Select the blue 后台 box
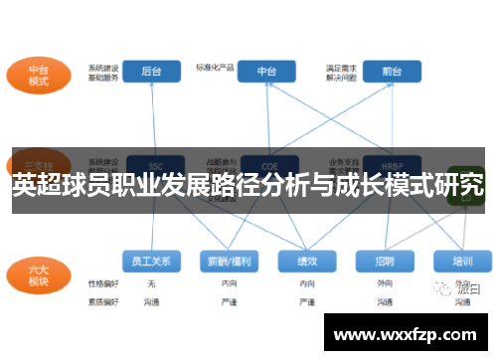152,72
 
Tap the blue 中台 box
267,72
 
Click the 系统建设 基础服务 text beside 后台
103,73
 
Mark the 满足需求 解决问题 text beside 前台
341,72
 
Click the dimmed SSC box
155,166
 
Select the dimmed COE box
267,166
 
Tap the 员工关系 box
152,261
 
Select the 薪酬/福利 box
228,261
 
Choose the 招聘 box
384,261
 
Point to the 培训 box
462,261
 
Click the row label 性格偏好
102,283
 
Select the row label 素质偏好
102,300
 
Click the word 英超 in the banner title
38,184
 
